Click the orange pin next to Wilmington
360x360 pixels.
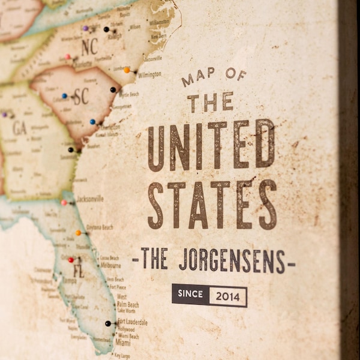click(x=127, y=70)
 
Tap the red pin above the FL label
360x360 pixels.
click(x=71, y=260)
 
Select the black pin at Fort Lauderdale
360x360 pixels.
click(x=108, y=323)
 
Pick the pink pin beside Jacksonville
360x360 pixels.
click(x=64, y=203)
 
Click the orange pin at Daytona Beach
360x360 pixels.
click(x=78, y=233)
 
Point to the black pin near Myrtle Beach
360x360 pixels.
click(x=113, y=89)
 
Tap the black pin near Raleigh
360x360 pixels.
click(x=106, y=29)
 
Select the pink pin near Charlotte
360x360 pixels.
click(x=68, y=57)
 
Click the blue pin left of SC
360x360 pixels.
click(x=64, y=96)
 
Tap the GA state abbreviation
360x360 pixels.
click(x=19, y=128)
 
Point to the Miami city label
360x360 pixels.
click(x=123, y=343)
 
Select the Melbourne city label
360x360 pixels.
click(x=110, y=265)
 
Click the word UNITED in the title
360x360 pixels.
click(x=211, y=146)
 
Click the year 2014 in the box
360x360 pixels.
click(x=228, y=296)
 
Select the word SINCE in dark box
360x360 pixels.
click(x=190, y=295)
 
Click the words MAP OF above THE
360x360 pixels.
click(x=214, y=77)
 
